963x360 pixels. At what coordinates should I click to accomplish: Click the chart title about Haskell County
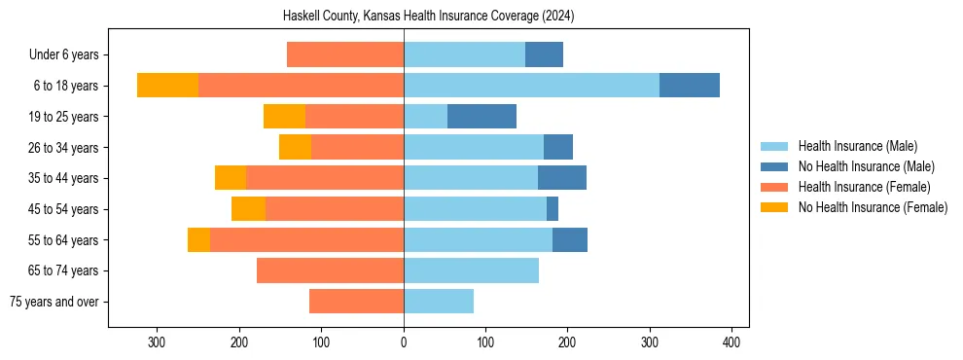coord(429,17)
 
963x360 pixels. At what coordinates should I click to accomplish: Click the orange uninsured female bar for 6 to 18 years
coord(167,86)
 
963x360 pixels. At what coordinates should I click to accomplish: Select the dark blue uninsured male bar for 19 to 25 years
coord(481,117)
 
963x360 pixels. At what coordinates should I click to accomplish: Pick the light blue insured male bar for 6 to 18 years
coord(531,86)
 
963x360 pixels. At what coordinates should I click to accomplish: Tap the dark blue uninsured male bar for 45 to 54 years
coord(553,209)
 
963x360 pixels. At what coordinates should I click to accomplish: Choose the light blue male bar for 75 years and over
coord(439,302)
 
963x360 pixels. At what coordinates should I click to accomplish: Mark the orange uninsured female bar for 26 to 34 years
coord(295,147)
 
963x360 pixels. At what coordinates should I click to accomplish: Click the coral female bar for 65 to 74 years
coord(330,270)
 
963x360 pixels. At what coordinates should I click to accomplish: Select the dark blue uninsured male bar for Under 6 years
coord(544,54)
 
